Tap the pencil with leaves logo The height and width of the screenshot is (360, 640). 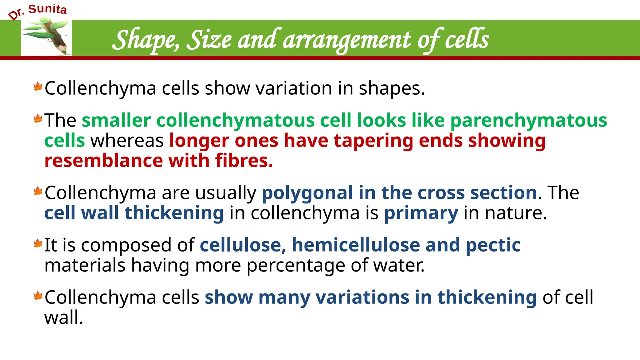click(47, 37)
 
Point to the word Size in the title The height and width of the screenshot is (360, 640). click(209, 40)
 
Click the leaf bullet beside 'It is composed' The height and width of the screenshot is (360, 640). click(38, 244)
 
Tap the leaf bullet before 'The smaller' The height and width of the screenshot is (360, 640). click(38, 119)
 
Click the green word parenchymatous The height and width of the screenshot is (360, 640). click(528, 121)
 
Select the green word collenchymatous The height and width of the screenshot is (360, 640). click(236, 121)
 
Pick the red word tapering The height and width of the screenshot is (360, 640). click(373, 141)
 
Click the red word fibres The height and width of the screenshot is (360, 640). click(244, 161)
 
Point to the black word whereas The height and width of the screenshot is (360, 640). click(127, 141)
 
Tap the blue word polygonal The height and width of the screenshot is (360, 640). click(307, 192)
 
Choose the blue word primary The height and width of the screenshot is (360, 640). click(421, 213)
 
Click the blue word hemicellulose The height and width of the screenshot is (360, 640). click(356, 245)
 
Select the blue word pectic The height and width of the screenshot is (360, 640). click(493, 245)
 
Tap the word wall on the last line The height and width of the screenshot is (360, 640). click(63, 317)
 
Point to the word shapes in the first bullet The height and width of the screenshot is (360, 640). click(392, 89)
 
